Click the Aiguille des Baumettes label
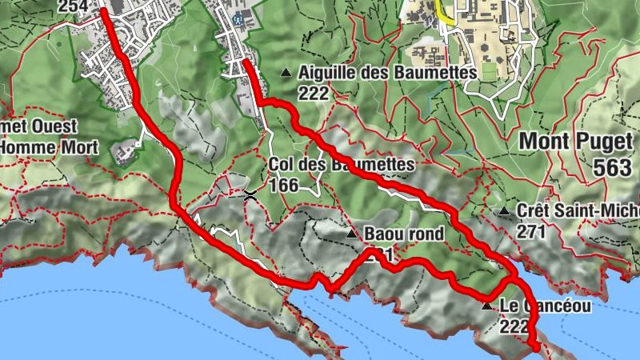pos(387,73)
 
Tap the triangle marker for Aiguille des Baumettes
pos(286,73)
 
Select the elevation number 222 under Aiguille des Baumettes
pos(313,93)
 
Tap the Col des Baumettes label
pos(342,166)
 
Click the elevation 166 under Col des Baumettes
pos(284,186)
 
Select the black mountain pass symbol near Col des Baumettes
pos(250,194)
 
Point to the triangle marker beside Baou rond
pos(351,234)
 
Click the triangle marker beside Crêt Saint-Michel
pos(504,211)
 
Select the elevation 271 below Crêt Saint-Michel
pos(531,231)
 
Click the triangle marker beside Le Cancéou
pos(486,306)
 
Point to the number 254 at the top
pos(72,6)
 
